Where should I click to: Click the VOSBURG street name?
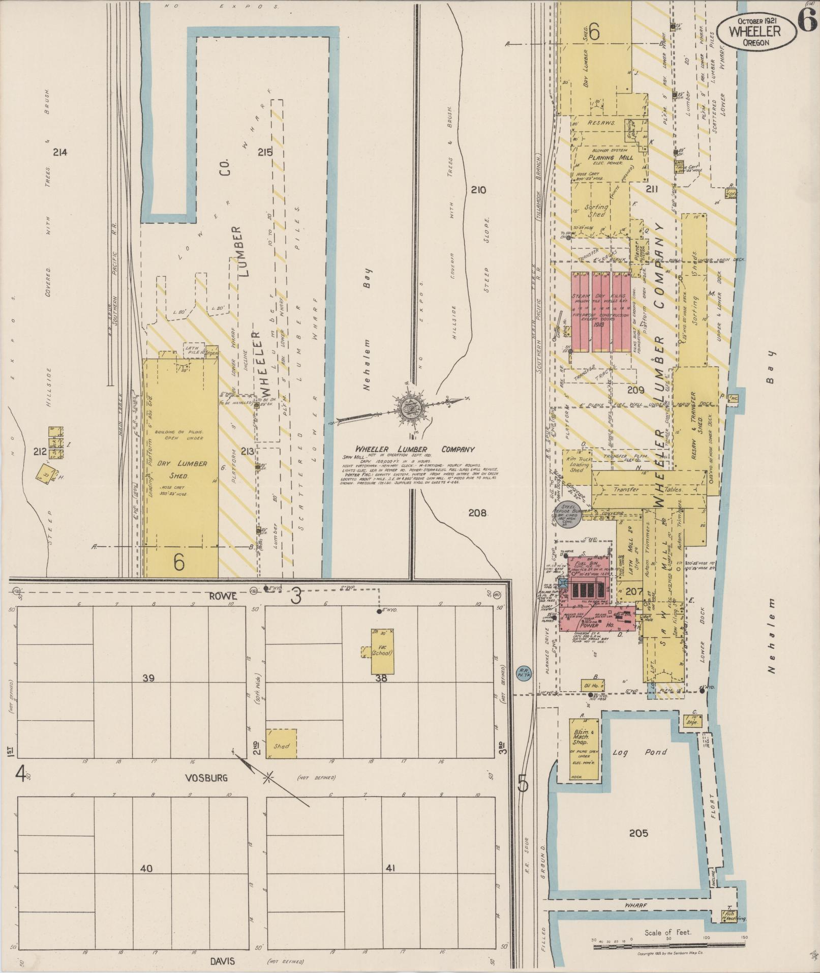coord(207,778)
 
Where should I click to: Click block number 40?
coord(146,868)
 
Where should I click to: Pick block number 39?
coord(148,677)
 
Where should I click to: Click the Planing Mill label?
coord(608,158)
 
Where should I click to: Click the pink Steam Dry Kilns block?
coord(601,311)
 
